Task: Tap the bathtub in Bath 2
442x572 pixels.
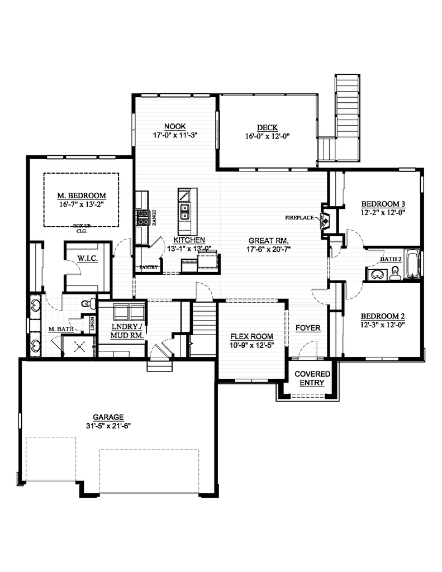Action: coord(412,264)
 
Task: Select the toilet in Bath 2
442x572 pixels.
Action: coord(395,273)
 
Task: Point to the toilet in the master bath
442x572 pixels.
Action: coord(87,304)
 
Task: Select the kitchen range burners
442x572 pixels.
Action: coord(142,218)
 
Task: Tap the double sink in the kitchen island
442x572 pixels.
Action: coord(184,211)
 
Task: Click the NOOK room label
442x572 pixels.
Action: coord(174,126)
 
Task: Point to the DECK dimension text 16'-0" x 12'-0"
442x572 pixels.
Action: coord(267,136)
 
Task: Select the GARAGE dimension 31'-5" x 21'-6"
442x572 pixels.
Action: coord(108,425)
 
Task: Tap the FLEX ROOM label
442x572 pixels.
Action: coord(251,337)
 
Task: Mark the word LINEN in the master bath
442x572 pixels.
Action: coord(92,323)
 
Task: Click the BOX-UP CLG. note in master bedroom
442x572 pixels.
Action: coord(82,227)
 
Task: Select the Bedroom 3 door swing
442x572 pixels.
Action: coord(355,237)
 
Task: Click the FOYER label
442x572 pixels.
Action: coord(308,328)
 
